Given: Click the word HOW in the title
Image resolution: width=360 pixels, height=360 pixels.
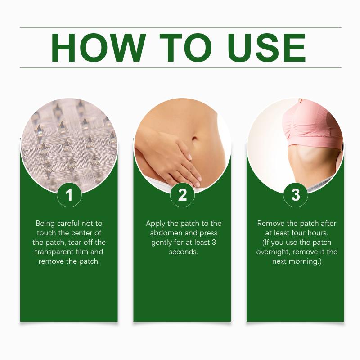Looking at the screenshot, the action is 99,48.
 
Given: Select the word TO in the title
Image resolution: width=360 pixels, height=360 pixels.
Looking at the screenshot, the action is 185,48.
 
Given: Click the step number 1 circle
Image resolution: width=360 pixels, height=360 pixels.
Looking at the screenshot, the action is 69,195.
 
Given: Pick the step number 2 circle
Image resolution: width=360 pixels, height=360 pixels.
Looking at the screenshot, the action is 182,195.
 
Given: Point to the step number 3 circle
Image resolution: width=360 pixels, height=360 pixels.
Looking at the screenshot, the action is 296,195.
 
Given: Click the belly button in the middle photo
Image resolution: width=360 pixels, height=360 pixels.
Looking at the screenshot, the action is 194,139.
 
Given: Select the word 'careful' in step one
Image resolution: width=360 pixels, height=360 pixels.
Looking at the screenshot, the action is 68,223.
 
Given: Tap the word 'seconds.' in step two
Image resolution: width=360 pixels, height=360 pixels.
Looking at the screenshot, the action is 184,252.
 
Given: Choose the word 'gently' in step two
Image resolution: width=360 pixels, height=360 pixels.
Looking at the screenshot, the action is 162,243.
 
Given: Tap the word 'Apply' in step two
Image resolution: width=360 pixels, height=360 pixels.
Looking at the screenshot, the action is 155,224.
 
